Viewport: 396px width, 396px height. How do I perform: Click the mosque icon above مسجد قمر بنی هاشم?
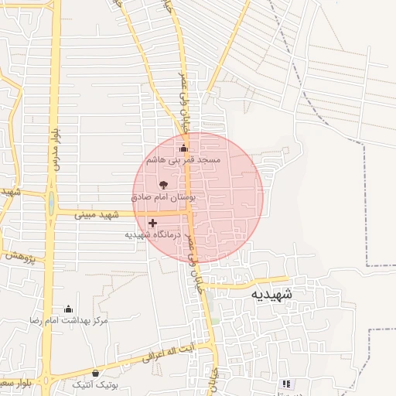(183, 148)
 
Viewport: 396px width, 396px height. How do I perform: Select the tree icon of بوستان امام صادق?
(163, 185)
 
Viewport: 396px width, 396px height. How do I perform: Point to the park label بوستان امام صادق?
(165, 197)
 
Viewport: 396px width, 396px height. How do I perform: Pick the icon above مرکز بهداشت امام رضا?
(68, 309)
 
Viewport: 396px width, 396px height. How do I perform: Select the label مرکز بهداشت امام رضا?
(68, 319)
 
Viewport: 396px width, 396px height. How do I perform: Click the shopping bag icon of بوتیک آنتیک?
(95, 374)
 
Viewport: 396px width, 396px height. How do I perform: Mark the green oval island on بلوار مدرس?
(51, 204)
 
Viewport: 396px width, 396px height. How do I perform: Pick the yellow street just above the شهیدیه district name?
(247, 282)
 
